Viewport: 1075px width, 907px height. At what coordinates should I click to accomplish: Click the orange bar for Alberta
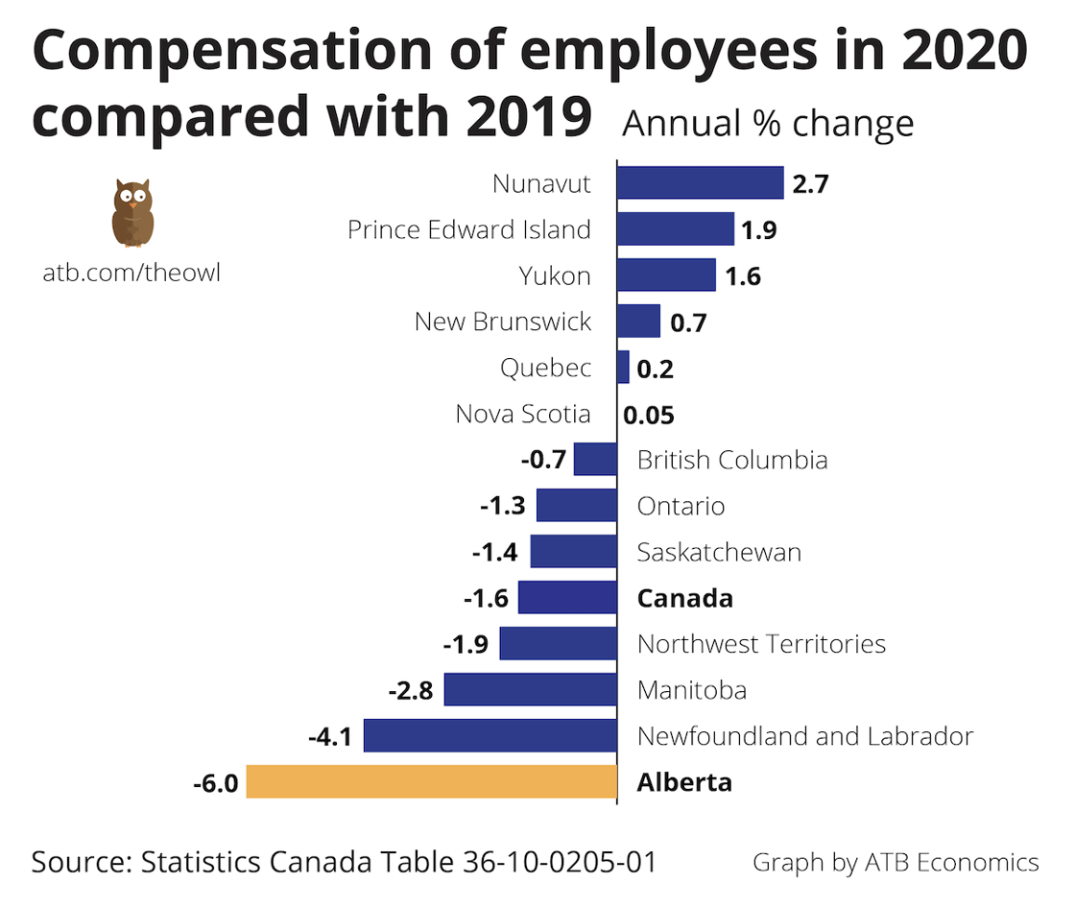click(x=431, y=781)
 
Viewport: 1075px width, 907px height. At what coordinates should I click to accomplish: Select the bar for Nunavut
click(x=701, y=182)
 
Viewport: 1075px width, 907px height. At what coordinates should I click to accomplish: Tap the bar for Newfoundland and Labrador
click(x=490, y=735)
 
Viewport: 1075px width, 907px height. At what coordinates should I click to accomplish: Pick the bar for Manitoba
click(x=530, y=689)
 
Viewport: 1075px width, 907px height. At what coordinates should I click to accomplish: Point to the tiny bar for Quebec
click(x=623, y=367)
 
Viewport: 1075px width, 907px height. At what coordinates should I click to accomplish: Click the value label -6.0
click(x=214, y=783)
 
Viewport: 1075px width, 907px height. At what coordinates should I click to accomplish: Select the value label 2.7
click(x=810, y=184)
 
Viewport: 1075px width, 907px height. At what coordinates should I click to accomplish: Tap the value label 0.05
click(x=649, y=416)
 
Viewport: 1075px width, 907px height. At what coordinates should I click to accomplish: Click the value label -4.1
click(x=329, y=737)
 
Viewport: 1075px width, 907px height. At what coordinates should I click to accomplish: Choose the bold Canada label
click(x=684, y=598)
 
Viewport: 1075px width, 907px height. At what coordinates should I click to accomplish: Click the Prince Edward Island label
click(x=468, y=229)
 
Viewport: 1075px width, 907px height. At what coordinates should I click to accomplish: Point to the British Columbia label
click(x=731, y=460)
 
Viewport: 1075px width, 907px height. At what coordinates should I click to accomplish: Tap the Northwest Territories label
click(x=761, y=643)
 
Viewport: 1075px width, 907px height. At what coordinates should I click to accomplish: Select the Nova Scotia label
click(x=523, y=414)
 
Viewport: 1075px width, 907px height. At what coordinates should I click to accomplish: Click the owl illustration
click(x=132, y=213)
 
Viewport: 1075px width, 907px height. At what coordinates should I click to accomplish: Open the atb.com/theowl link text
click(x=131, y=273)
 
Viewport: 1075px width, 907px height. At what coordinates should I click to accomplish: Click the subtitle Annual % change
click(x=768, y=125)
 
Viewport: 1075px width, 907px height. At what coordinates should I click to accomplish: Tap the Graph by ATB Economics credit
click(x=895, y=862)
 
